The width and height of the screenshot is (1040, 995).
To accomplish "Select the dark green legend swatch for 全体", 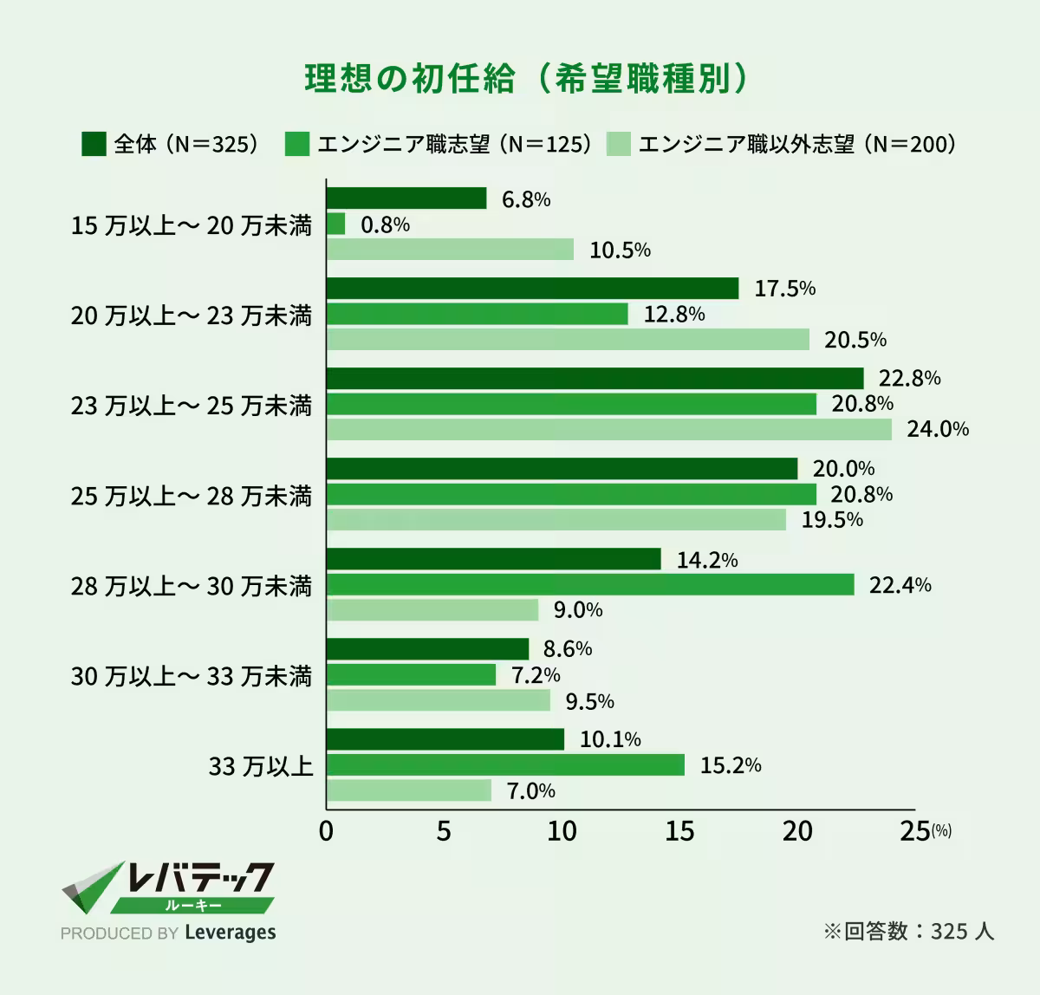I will click(94, 144).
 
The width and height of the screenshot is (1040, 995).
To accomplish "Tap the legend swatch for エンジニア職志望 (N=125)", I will click(296, 144).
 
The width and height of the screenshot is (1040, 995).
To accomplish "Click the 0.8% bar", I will click(336, 224).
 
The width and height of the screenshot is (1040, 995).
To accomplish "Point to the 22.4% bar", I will click(590, 585).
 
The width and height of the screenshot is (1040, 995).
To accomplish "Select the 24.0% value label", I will click(937, 429).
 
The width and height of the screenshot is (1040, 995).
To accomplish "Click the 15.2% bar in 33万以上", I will click(505, 765).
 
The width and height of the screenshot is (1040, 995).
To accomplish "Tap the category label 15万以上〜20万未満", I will click(191, 226).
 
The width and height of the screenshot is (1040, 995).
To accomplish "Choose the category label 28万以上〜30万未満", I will click(191, 587).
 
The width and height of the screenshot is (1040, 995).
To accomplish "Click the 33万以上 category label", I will click(260, 766).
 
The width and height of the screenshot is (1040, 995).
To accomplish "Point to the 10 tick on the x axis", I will click(562, 831).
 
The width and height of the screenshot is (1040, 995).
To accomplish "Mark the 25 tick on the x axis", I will click(915, 831).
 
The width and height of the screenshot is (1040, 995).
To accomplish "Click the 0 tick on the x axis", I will click(326, 831).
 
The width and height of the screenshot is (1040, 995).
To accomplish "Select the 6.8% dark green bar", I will click(406, 198).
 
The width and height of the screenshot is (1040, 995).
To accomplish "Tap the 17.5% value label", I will click(784, 289).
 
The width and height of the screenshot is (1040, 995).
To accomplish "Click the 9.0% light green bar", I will click(432, 610).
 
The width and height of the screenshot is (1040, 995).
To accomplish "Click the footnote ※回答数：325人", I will click(907, 932).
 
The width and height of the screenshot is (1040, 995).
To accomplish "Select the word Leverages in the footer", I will click(231, 933).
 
